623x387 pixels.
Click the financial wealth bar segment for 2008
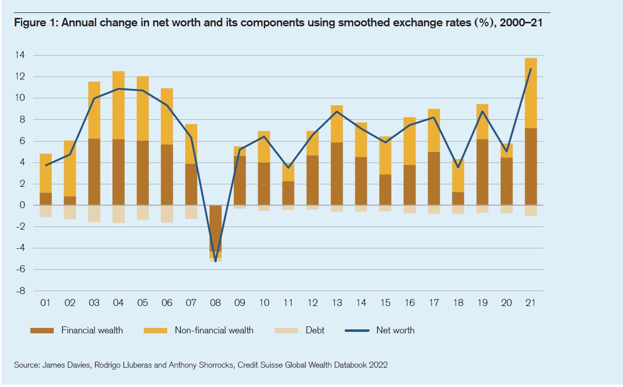point(215,229)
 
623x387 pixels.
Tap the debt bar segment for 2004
point(118,214)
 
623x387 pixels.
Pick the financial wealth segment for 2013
point(337,174)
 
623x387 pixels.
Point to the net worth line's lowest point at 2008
point(215,261)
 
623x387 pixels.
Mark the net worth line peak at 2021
point(530,69)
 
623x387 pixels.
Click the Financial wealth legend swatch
point(42,330)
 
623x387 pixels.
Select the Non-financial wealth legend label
point(214,330)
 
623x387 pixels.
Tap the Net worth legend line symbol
point(357,330)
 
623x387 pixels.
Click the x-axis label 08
point(215,303)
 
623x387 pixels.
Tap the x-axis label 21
point(530,303)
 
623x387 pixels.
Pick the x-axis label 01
point(45,303)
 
